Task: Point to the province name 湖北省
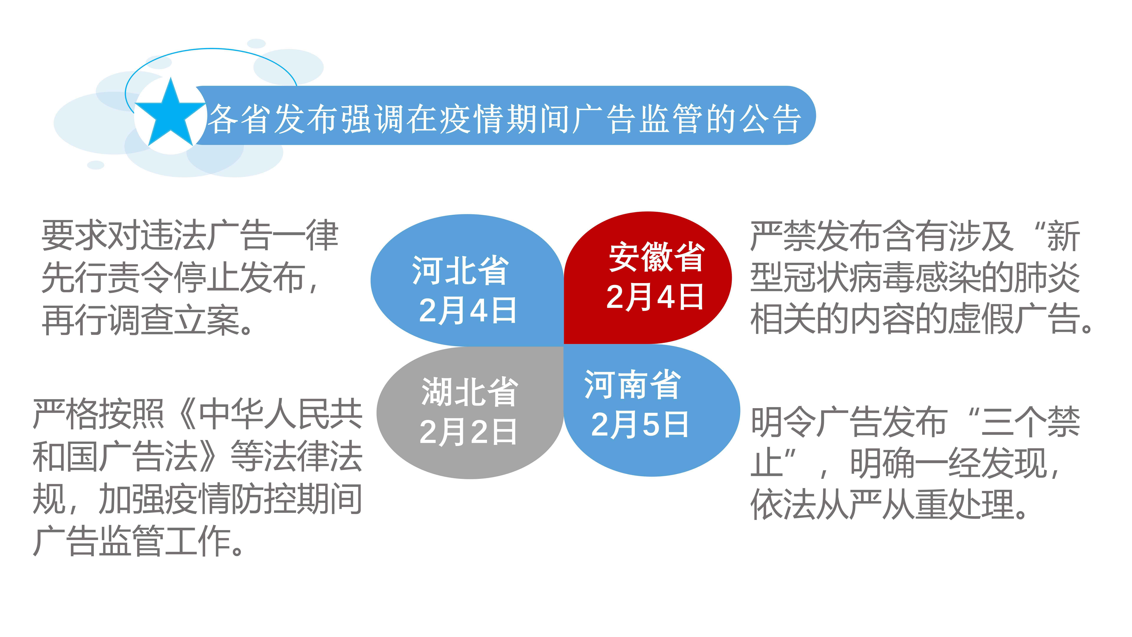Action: coord(469,391)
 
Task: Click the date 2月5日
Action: coord(640,424)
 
